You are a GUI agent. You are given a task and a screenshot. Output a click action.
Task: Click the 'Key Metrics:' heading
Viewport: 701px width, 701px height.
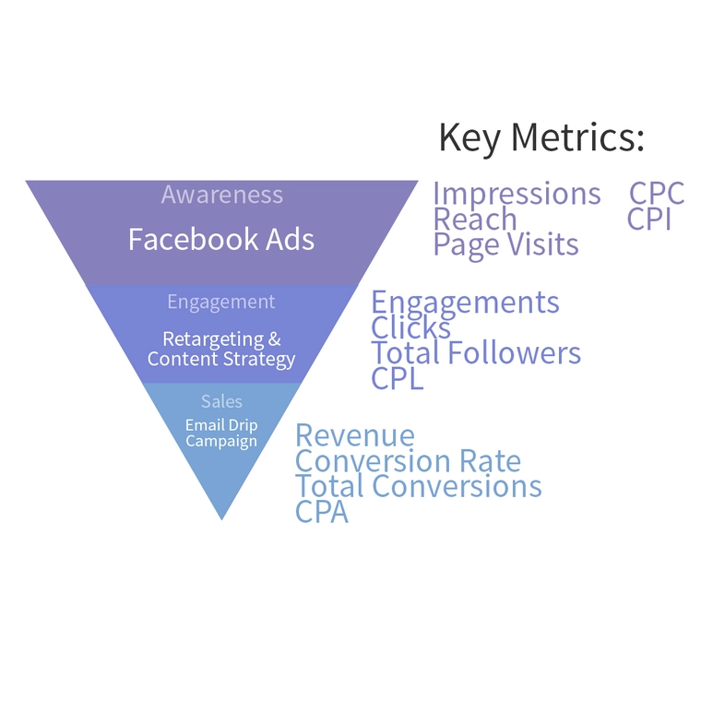coord(541,137)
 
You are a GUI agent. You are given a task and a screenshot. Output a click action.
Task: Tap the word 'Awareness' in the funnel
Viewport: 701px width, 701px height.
coord(221,195)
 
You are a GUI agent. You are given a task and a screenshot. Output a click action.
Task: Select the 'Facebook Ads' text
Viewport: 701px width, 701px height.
coord(221,240)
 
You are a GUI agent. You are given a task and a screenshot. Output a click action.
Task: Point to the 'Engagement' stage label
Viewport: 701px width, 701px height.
coord(221,302)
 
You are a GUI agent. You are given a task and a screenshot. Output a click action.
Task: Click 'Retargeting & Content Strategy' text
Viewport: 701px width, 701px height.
coord(221,349)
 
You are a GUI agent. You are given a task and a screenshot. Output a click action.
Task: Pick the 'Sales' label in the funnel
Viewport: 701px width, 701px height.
coord(221,401)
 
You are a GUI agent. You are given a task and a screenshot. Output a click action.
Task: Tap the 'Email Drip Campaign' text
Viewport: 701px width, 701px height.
coord(221,433)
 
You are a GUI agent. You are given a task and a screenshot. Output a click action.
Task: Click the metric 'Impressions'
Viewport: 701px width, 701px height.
coord(517,194)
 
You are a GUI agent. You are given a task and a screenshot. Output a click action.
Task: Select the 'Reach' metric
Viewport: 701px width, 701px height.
coord(475,220)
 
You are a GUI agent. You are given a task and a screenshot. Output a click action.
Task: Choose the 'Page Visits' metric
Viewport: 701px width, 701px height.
coord(506,244)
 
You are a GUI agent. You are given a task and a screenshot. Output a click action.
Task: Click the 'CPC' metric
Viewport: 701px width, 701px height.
coord(657,194)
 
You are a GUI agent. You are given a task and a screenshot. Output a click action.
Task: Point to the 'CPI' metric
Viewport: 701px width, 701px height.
coord(649,220)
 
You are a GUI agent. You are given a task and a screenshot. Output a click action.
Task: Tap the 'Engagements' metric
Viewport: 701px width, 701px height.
coord(465,303)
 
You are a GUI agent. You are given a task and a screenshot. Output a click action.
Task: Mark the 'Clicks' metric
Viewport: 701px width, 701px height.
coord(411,327)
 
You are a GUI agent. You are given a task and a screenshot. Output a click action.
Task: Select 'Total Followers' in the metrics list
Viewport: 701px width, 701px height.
coord(476,353)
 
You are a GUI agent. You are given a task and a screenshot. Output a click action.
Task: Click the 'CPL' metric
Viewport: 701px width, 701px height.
coord(398,378)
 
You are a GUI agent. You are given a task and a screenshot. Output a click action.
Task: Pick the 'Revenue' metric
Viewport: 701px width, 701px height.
coord(355,435)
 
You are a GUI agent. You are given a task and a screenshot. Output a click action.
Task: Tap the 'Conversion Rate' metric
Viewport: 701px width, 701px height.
coord(408,461)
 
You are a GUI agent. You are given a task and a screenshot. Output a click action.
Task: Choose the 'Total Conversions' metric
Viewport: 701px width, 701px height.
coord(419,486)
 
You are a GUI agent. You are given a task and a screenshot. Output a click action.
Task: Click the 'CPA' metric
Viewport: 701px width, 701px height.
coord(322,512)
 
